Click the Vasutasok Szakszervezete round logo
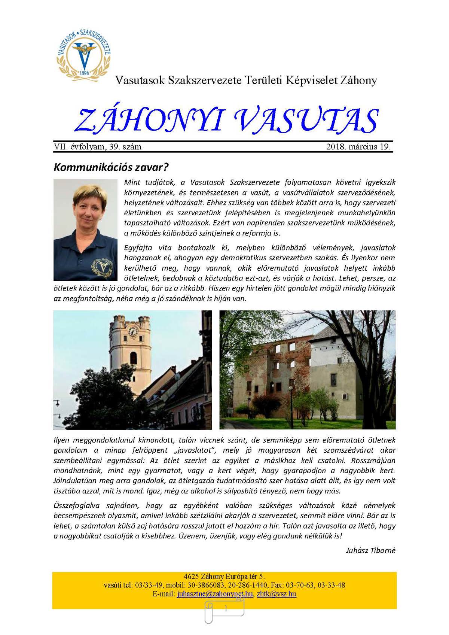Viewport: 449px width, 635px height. click(x=84, y=53)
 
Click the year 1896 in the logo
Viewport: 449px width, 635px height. click(x=85, y=73)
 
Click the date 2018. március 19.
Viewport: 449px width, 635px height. click(x=358, y=147)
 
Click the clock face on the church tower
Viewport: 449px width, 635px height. click(x=133, y=331)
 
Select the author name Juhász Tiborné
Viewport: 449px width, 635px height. click(x=370, y=550)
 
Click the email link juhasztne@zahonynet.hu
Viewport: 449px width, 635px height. click(x=215, y=594)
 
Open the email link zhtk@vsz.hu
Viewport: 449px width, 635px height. click(x=277, y=594)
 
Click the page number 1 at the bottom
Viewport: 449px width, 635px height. click(x=226, y=609)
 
